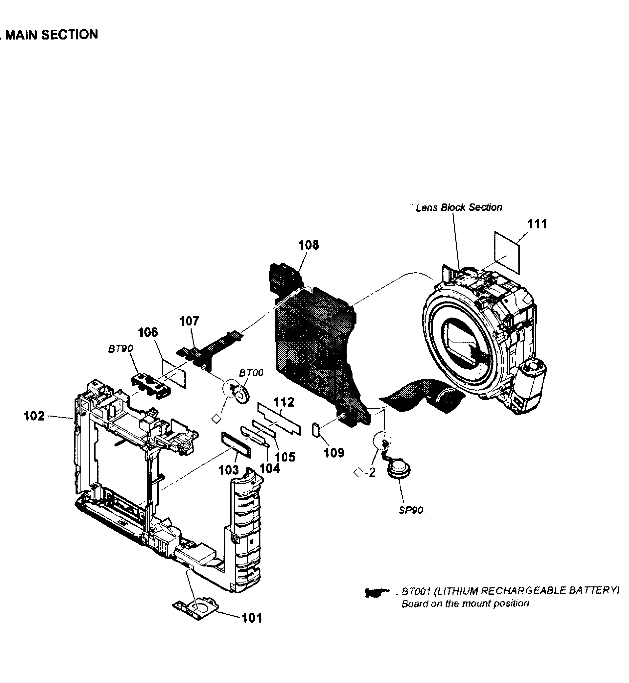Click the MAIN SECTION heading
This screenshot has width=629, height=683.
tap(52, 35)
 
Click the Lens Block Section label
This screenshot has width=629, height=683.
tap(459, 207)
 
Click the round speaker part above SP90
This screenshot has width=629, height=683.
tap(399, 471)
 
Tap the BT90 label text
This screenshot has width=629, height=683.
tap(121, 349)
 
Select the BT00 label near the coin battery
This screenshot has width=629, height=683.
tap(251, 373)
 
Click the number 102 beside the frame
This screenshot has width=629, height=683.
tap(34, 416)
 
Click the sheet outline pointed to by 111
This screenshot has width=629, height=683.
tap(507, 253)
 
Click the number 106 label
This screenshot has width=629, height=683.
tap(148, 332)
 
